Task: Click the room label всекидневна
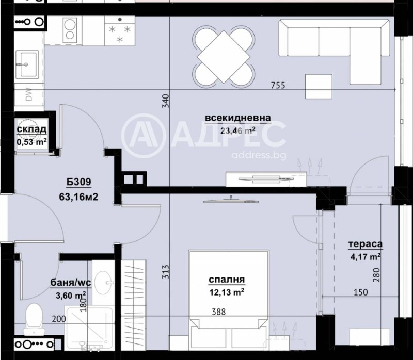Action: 231,118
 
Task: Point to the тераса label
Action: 365,244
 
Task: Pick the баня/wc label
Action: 68,282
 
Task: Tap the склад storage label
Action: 32,129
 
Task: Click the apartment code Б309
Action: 78,182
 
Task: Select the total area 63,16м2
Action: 78,196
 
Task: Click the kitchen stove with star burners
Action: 120,32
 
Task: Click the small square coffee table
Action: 318,87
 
